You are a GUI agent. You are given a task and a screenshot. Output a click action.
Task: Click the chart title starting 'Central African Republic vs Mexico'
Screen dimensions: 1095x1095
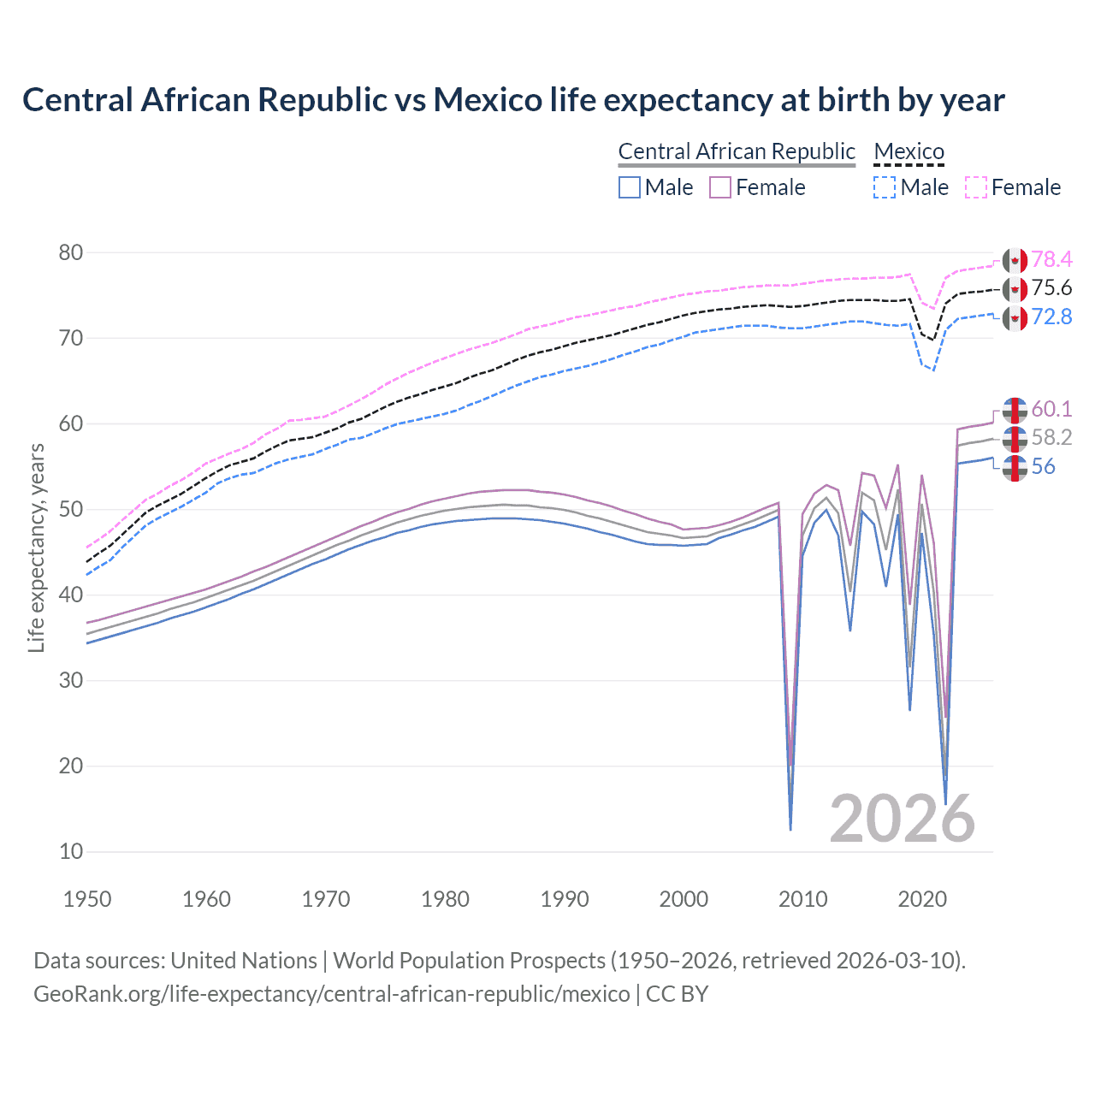[513, 100]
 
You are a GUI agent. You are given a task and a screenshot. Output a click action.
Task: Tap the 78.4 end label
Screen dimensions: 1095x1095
[1051, 259]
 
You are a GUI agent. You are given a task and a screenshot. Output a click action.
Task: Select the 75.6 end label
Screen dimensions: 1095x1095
[1051, 288]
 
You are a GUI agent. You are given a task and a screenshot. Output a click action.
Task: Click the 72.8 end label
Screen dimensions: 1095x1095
[1051, 317]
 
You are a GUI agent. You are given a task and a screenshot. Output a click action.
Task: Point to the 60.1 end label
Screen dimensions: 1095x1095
[1051, 409]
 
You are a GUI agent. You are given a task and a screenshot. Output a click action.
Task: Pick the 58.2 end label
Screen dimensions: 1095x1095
[1051, 438]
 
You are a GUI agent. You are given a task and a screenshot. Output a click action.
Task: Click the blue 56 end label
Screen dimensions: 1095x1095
[1043, 467]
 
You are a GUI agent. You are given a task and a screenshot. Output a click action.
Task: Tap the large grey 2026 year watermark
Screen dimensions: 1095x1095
[902, 819]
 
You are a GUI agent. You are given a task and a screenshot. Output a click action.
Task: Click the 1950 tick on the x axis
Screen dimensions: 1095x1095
[87, 899]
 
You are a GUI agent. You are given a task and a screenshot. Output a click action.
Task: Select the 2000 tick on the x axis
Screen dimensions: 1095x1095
[684, 899]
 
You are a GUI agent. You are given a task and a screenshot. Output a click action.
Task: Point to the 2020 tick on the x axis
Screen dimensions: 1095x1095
[922, 899]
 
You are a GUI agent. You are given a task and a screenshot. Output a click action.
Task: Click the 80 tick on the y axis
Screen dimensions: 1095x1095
[71, 252]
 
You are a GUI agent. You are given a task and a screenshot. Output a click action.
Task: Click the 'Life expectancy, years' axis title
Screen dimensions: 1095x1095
[36, 547]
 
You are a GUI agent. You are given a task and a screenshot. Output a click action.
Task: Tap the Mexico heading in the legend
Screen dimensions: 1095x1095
[909, 152]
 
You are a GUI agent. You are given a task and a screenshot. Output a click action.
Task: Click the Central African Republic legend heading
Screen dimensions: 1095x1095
[737, 152]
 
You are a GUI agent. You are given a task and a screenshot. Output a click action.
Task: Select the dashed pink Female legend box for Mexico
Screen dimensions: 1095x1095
[976, 187]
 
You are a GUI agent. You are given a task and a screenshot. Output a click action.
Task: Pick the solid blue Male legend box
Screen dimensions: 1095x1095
[630, 187]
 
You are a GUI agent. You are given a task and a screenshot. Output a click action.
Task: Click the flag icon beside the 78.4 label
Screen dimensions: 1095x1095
[1015, 260]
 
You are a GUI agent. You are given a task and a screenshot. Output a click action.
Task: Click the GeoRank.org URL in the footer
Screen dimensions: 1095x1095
[332, 994]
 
